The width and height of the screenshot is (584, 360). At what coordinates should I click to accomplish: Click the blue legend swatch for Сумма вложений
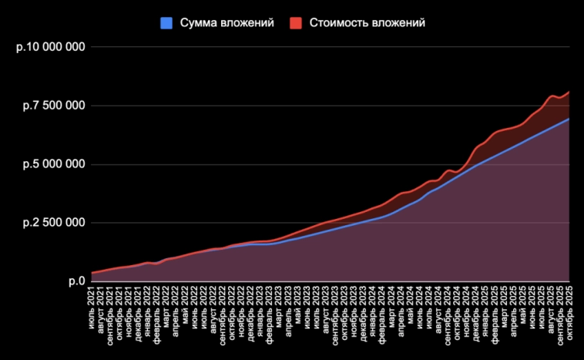(x=166, y=23)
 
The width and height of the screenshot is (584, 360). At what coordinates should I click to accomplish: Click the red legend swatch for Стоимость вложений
(x=296, y=23)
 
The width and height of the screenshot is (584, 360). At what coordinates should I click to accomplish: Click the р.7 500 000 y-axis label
(x=54, y=106)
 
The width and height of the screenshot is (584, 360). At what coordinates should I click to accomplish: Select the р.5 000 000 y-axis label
(x=54, y=164)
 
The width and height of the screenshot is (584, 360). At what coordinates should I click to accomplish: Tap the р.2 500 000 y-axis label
(x=54, y=223)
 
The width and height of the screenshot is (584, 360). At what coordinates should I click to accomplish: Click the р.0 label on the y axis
(x=76, y=281)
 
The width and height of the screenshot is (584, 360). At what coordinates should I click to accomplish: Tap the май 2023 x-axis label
(x=298, y=312)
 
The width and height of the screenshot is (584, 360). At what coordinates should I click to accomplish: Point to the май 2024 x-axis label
(x=411, y=312)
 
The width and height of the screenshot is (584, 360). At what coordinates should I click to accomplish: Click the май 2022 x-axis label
(x=186, y=312)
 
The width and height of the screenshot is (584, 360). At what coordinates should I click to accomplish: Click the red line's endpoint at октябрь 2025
(x=569, y=93)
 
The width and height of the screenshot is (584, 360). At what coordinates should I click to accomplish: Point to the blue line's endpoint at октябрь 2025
(x=569, y=119)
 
